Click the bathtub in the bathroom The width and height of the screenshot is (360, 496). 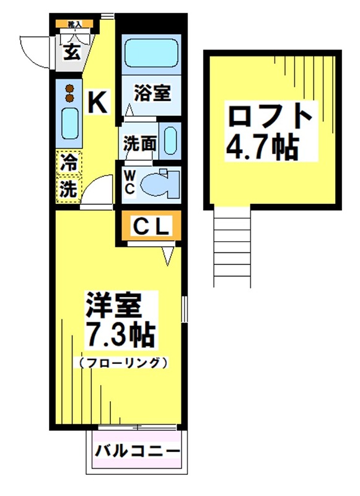(x=151, y=55)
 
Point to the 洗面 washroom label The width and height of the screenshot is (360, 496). (x=139, y=143)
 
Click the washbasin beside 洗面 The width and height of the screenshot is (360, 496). (x=170, y=141)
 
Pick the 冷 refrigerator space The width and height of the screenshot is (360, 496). (x=68, y=164)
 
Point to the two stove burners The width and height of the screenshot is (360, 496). (x=69, y=92)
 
